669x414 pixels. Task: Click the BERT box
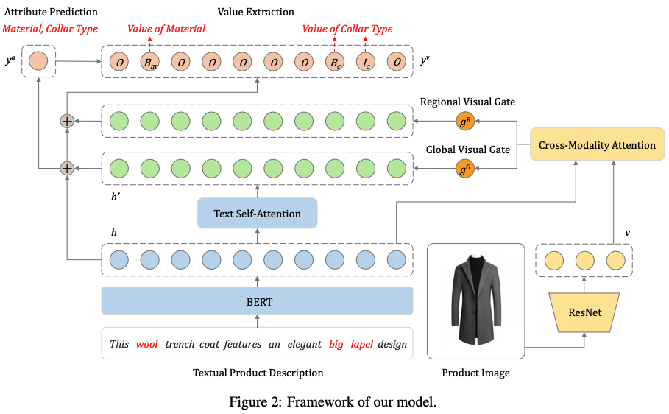pos(257,302)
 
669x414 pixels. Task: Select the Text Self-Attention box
pos(257,214)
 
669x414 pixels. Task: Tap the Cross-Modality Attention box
pos(597,145)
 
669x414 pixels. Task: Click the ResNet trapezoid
pos(585,312)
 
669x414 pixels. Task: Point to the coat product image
pos(475,301)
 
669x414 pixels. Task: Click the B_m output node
pos(149,62)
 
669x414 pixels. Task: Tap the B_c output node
pos(335,62)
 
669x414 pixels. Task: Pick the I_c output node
pos(366,62)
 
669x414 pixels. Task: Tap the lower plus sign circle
pos(67,169)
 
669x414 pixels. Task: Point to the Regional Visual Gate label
pos(467,102)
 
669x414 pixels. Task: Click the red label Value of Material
pos(166,29)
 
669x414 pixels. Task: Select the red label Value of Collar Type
pos(347,29)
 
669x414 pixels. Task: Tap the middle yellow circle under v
pos(585,261)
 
